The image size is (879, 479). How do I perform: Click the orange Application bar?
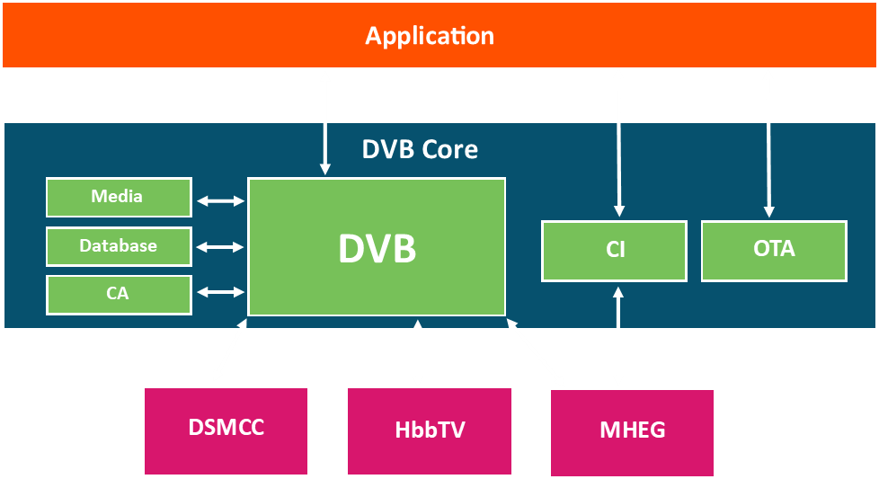(x=439, y=35)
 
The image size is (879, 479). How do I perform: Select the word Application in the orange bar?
(x=430, y=37)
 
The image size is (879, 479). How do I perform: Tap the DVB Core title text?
(x=420, y=149)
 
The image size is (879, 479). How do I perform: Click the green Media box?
(x=119, y=197)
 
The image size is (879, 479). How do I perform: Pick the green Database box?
(x=119, y=246)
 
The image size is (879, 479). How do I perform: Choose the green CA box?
(x=119, y=295)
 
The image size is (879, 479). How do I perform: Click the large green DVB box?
(x=377, y=247)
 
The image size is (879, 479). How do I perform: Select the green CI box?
(x=615, y=251)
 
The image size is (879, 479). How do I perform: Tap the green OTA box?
(x=774, y=251)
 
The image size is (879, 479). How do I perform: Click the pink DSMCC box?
(x=226, y=431)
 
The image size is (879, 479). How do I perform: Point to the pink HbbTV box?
(x=430, y=431)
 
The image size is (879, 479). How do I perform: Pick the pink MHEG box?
(x=633, y=433)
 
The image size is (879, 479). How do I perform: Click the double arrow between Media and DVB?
(x=220, y=200)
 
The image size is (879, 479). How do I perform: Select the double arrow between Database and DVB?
(x=220, y=246)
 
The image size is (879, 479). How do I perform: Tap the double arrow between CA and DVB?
(x=220, y=292)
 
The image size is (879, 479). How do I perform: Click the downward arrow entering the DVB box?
(x=325, y=149)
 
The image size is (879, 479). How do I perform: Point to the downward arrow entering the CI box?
(x=619, y=170)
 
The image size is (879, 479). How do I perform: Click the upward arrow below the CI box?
(x=618, y=307)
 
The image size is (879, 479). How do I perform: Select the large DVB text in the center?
(x=377, y=248)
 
